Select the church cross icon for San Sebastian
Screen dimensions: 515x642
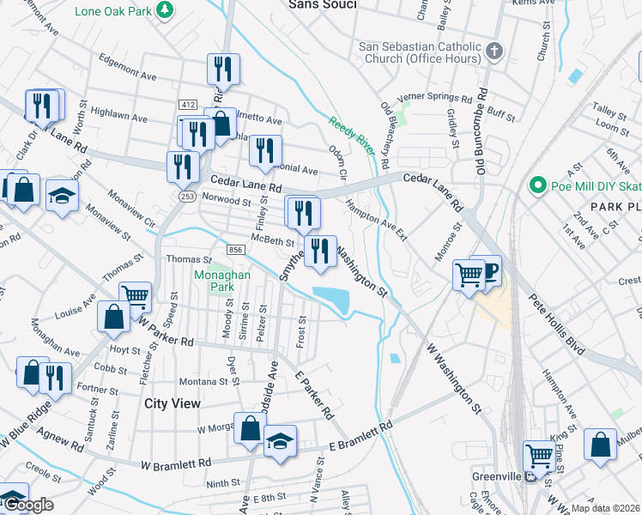click(494, 51)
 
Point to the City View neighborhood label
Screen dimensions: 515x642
click(173, 403)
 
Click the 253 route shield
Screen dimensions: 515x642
click(187, 197)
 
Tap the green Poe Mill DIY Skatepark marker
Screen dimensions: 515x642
click(538, 185)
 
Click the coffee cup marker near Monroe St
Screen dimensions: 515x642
click(487, 271)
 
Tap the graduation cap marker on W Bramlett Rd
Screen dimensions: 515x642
click(280, 441)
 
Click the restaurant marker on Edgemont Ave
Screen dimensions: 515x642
click(223, 70)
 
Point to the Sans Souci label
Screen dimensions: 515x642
click(322, 4)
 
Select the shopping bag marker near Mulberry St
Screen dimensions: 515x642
click(600, 445)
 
